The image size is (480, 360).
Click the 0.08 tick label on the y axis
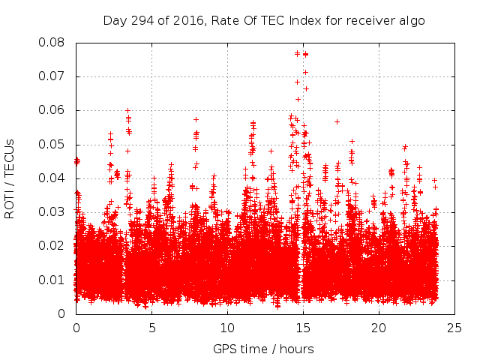(x=53, y=42)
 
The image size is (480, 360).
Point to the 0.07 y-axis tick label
(x=53, y=76)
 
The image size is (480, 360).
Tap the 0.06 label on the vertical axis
(x=53, y=110)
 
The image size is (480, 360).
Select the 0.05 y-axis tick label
(x=53, y=144)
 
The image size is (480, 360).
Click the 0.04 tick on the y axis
(x=53, y=178)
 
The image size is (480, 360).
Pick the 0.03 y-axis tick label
(x=53, y=212)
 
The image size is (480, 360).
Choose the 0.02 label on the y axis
(x=53, y=246)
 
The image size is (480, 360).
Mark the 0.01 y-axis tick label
(x=53, y=280)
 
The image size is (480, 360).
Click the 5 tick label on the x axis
(x=151, y=328)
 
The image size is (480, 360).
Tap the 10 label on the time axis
(x=227, y=328)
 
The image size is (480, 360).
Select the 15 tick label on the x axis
(x=303, y=328)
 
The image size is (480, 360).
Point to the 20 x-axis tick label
(x=379, y=328)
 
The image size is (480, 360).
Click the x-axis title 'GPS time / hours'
(x=263, y=349)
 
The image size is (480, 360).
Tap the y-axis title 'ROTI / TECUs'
(x=10, y=178)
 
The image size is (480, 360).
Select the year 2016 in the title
(x=185, y=20)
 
